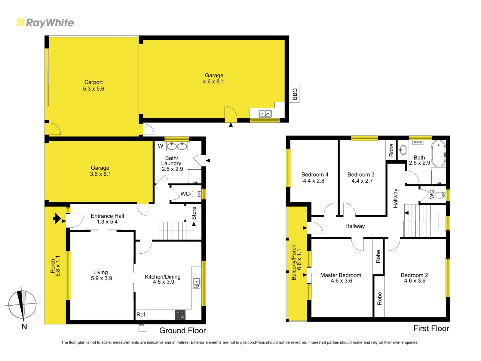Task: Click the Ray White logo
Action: click(46, 23)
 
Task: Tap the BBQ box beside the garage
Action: click(294, 94)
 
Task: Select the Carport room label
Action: click(93, 82)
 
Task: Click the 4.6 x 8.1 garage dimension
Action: click(213, 82)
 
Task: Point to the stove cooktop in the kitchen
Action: click(180, 315)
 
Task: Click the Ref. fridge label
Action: click(141, 315)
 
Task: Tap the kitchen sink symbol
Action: click(196, 283)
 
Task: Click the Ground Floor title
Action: click(182, 330)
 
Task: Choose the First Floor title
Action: click(431, 328)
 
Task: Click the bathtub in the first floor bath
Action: click(439, 154)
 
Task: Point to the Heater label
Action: click(417, 142)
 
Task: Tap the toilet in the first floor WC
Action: click(440, 195)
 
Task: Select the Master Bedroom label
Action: click(341, 275)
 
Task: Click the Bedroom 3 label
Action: click(361, 174)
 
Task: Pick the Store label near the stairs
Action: click(194, 213)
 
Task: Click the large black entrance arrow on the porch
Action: click(57, 218)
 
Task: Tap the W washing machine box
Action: click(161, 146)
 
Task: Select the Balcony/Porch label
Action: click(294, 262)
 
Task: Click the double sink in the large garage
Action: click(265, 114)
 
